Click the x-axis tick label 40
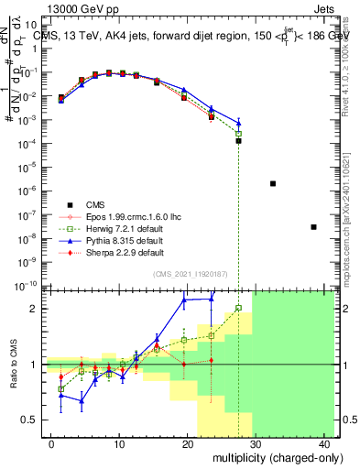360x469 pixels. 324,442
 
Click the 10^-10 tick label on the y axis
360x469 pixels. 27,285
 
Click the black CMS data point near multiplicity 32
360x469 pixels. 273,183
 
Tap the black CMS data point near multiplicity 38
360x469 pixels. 314,226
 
